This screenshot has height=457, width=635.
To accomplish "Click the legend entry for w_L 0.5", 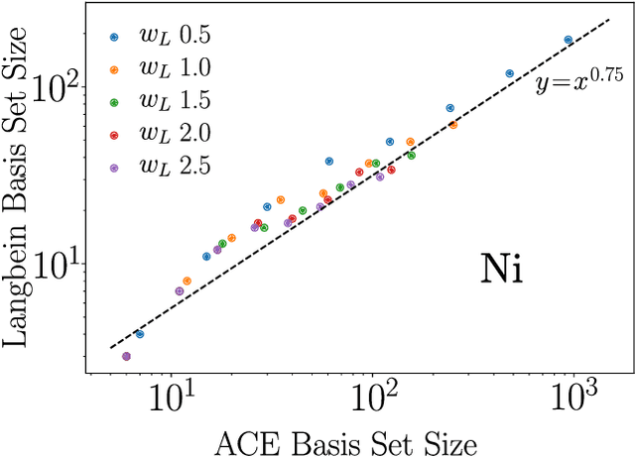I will (x=159, y=37).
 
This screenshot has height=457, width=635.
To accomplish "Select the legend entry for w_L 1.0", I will (x=159, y=69).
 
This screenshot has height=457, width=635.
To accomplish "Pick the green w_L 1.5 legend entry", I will (x=159, y=102).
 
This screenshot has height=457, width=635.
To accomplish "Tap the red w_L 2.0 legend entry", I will (x=159, y=135).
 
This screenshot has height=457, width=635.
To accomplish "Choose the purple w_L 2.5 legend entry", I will (x=159, y=168).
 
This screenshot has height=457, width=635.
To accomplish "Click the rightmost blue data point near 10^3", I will (x=569, y=40).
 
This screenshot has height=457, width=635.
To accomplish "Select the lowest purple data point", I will (x=126, y=356).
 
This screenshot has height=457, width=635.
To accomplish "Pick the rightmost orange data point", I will (x=453, y=125).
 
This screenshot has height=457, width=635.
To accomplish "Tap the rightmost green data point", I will (x=412, y=156).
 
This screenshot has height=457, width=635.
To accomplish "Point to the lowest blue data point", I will (x=139, y=335).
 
